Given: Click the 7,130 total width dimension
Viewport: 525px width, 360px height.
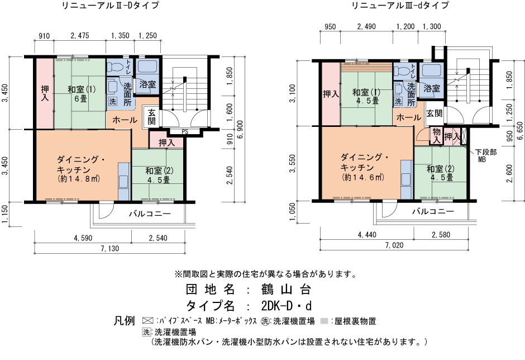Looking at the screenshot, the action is click(x=110, y=249).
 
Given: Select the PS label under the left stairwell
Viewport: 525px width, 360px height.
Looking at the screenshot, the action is click(x=185, y=132).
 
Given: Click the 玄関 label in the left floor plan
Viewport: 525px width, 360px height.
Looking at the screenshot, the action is click(x=152, y=117).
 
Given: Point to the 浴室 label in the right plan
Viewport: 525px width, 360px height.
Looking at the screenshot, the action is click(x=432, y=88).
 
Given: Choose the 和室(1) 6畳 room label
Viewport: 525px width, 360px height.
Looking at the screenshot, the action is click(x=82, y=94).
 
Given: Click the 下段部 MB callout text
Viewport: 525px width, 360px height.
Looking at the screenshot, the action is click(x=485, y=155).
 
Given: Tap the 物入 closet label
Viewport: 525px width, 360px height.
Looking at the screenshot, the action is click(x=436, y=136).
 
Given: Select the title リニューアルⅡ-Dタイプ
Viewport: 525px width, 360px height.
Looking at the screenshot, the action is click(x=110, y=6).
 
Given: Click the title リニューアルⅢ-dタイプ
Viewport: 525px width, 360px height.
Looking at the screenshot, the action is click(x=400, y=6).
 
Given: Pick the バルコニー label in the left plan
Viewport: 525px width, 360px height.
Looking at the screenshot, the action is click(x=150, y=214).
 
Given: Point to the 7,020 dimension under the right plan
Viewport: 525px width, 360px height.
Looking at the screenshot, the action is click(x=394, y=245).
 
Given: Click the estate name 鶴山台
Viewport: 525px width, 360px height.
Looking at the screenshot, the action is click(x=287, y=290).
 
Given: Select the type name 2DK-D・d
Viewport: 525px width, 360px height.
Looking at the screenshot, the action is click(x=287, y=306).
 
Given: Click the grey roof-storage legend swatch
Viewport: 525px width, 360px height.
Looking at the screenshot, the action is click(x=324, y=321).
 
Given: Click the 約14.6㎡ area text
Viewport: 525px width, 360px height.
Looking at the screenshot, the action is click(x=362, y=177).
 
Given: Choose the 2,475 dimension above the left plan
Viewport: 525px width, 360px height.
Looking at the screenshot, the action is click(x=80, y=36).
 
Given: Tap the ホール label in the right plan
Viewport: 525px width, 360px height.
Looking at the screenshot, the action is click(x=409, y=117).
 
